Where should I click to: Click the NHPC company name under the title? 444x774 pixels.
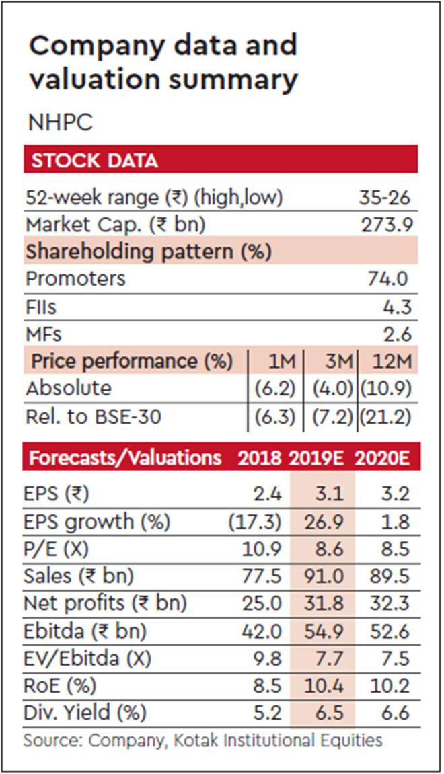coord(60,123)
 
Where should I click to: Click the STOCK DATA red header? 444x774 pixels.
coord(95,161)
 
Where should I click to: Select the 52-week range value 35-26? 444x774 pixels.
coord(384,198)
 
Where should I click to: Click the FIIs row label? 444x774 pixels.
coord(42,307)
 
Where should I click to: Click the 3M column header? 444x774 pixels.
coord(335,362)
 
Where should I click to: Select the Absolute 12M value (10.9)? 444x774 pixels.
coord(385,389)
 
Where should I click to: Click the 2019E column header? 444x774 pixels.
coord(316,458)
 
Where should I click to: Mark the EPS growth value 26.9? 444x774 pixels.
coord(326,522)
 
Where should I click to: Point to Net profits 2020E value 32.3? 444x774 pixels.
coord(390,604)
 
